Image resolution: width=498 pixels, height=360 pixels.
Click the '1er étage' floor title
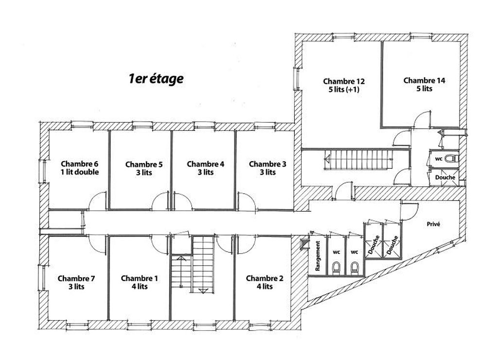(156, 78)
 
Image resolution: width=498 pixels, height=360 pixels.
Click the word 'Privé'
(433, 224)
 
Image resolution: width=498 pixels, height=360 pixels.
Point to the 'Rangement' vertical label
(318, 256)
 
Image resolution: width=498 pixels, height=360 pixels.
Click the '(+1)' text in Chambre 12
(353, 90)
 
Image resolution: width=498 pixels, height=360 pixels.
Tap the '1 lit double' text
(80, 172)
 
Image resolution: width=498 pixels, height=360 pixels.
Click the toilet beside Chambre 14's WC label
(452, 158)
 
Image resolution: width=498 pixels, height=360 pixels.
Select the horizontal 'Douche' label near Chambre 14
(445, 177)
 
